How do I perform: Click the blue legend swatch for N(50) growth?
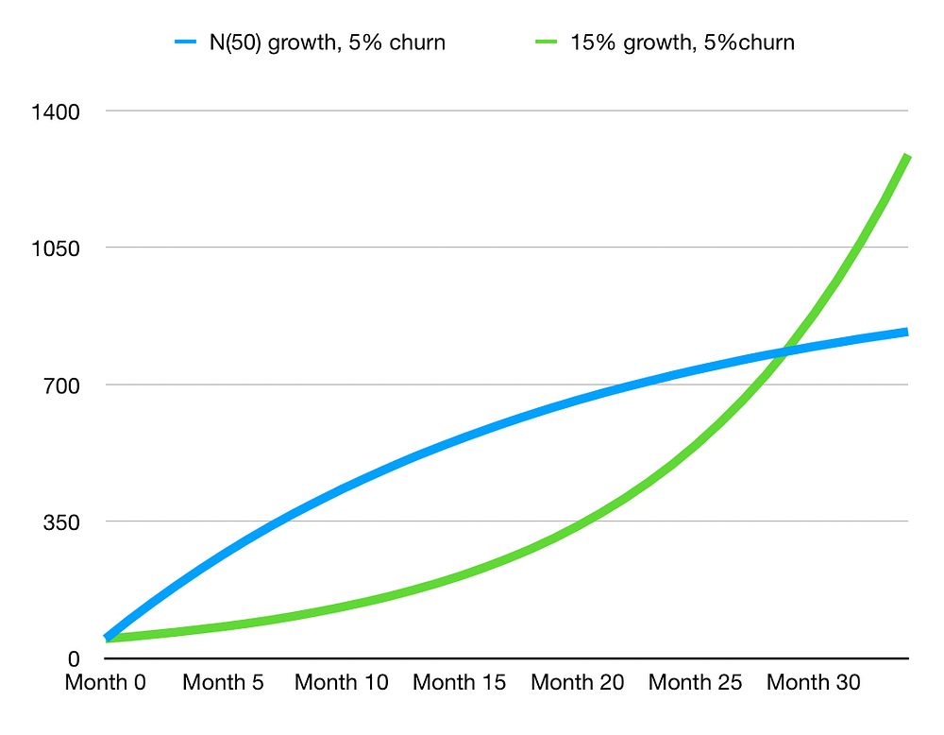click(x=185, y=43)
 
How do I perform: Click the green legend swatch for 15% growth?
click(x=547, y=43)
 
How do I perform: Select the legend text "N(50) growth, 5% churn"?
click(x=327, y=43)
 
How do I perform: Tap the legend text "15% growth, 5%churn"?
click(x=682, y=43)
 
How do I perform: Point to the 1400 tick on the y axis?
click(x=56, y=111)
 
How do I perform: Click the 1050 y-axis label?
click(x=56, y=248)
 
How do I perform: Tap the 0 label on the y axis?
click(x=74, y=658)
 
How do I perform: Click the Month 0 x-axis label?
click(x=106, y=682)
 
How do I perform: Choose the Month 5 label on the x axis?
click(x=224, y=682)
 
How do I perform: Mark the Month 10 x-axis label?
click(x=342, y=682)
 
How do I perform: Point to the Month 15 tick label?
click(x=460, y=682)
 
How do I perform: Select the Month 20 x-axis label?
click(x=578, y=682)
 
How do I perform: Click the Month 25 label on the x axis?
click(x=696, y=682)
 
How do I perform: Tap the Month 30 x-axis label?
click(x=814, y=682)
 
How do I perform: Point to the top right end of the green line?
click(x=907, y=156)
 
